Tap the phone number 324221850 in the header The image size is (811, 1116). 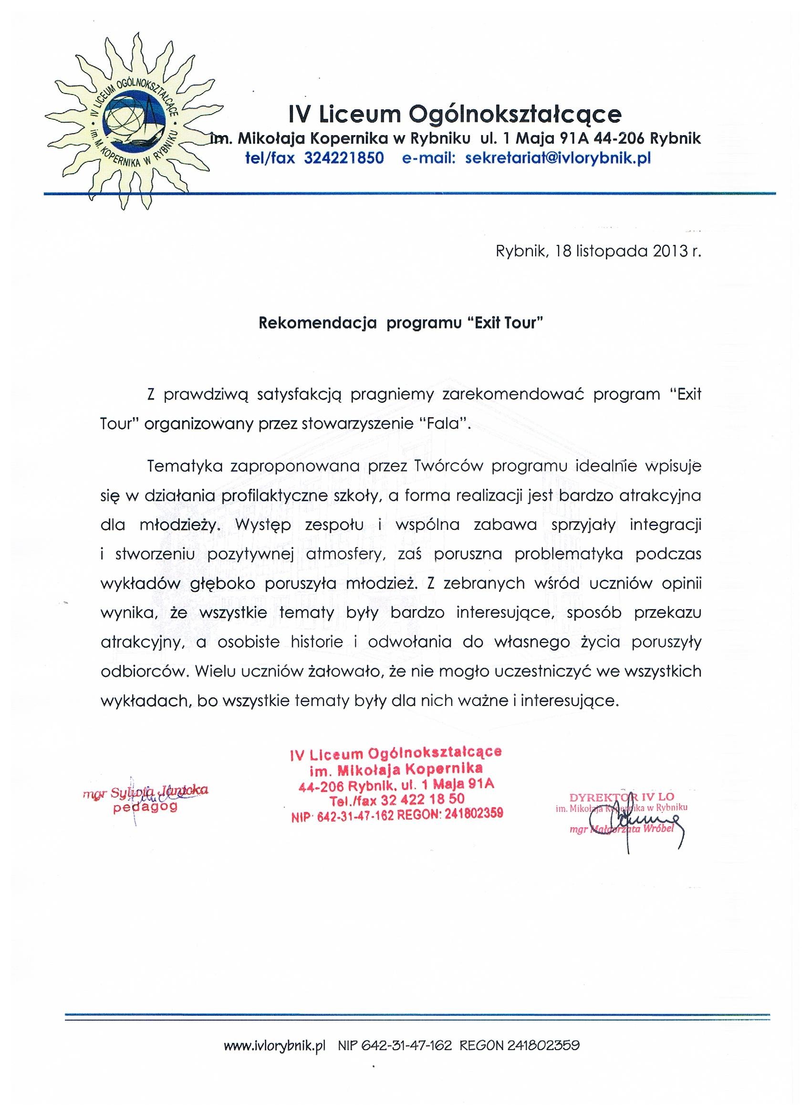pos(344,159)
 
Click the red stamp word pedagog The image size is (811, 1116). pos(145,808)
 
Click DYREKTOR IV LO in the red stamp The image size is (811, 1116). pos(622,797)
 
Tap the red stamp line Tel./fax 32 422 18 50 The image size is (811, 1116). pos(397,800)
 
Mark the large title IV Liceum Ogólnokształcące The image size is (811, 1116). pos(455,115)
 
